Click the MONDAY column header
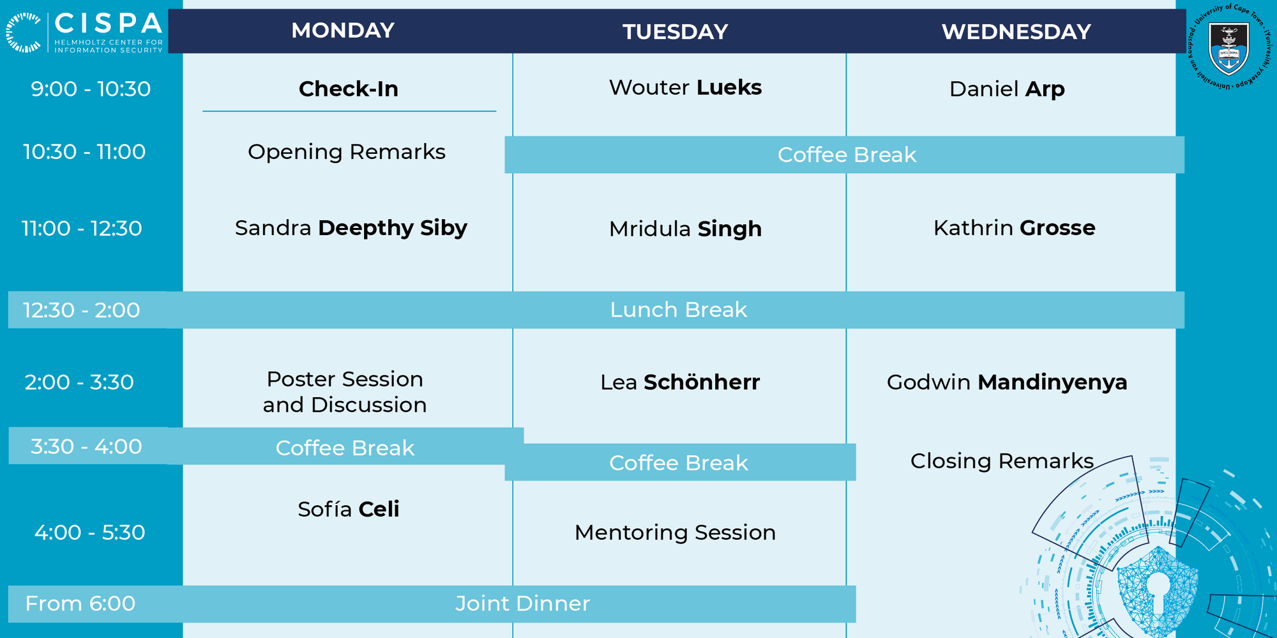point(343,31)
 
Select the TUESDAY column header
point(676,32)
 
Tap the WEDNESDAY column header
point(1016,32)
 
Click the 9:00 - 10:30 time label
point(91,89)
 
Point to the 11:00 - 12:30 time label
point(82,228)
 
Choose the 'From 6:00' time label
point(80,604)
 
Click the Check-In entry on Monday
point(349,89)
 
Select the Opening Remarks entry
point(347,152)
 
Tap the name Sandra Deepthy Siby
point(351,228)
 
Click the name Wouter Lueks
point(685,87)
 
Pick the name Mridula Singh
point(685,229)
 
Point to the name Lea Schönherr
point(680,382)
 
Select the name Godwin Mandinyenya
point(1007,382)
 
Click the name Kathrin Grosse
point(1015,228)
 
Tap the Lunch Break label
point(678,310)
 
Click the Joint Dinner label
point(522,604)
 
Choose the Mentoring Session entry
point(675,533)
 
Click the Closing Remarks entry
point(1002,461)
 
